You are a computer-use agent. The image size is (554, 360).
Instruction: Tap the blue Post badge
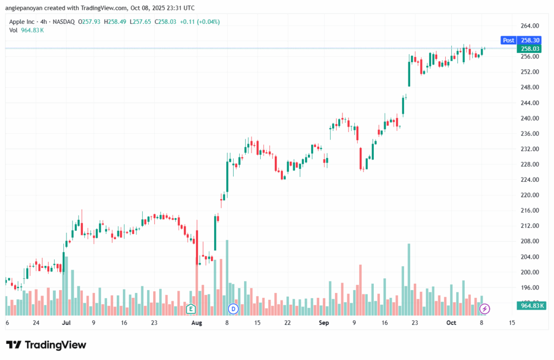click(509, 40)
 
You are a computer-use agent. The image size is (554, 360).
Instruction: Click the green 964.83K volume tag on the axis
click(532, 306)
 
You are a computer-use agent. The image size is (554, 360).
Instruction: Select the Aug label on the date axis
click(196, 323)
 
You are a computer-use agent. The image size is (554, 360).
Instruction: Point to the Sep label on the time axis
click(324, 323)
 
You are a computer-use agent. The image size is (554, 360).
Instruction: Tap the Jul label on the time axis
click(67, 323)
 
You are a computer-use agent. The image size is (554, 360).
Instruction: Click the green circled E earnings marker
click(190, 309)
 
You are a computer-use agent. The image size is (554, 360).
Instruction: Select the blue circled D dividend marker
click(233, 309)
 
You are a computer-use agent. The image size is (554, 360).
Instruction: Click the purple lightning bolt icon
click(485, 309)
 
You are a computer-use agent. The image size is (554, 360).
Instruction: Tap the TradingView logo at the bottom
click(46, 345)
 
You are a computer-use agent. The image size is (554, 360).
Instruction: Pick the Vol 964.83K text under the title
click(27, 30)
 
